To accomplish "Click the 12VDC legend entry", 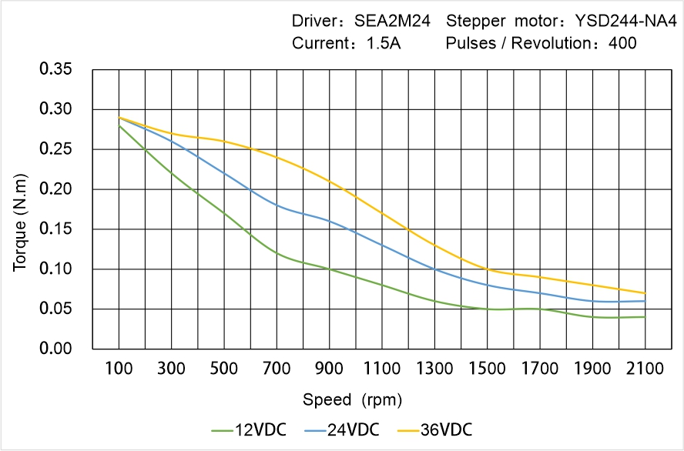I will coord(248,429).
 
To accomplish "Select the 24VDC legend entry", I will coord(342,429).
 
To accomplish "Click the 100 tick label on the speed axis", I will coord(119,369).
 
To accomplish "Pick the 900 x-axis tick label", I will coord(330,369).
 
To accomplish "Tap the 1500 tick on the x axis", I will coord(488,369).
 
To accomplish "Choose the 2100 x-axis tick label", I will coord(645,369).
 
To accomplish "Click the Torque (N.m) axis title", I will coord(21,209).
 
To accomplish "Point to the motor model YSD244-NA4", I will coord(621,21).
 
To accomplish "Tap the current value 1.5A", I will coord(384,43).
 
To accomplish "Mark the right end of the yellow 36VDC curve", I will coord(645,293).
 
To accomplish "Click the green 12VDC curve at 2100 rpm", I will coord(645,317).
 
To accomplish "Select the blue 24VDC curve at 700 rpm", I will coord(277,205).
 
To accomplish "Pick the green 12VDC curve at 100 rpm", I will coord(119,125).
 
